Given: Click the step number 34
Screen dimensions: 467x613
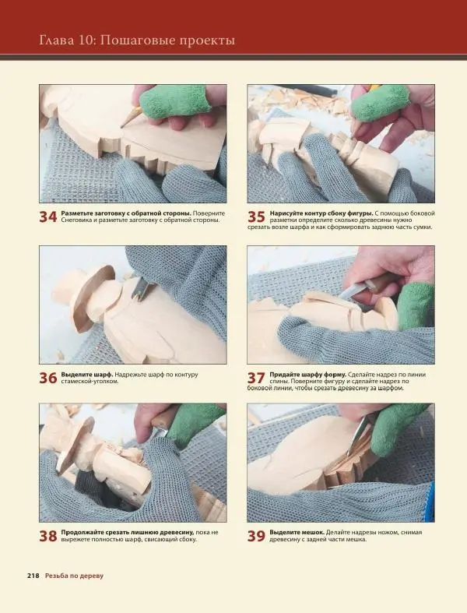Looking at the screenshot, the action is tap(48, 217).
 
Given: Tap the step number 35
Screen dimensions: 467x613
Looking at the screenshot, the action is tap(256, 217).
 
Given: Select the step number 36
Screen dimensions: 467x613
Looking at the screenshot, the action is tap(48, 378).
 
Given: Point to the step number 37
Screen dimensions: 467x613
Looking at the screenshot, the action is tap(256, 378).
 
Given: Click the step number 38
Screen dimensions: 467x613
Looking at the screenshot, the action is tap(48, 536).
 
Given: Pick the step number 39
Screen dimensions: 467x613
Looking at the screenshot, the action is tap(256, 536).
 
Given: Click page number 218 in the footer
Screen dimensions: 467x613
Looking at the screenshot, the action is tap(33, 576).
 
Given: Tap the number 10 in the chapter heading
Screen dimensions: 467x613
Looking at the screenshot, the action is tap(86, 41).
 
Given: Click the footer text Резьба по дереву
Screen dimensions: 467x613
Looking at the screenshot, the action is tap(74, 576).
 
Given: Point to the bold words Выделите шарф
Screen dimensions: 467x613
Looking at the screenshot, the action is tap(87, 374).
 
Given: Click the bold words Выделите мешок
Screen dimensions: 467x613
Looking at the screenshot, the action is tap(297, 532).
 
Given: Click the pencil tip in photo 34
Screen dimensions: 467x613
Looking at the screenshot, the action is tap(122, 126).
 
